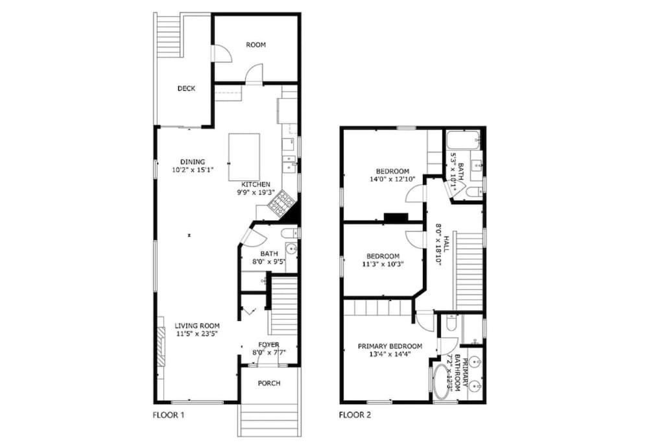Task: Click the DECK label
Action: click(x=186, y=88)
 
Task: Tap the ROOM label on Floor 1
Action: click(x=255, y=45)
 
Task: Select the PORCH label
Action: click(x=269, y=383)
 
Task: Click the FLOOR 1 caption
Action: click(x=168, y=415)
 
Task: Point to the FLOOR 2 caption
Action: click(x=355, y=415)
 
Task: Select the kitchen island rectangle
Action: click(x=244, y=157)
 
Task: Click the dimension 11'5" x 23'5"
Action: click(x=197, y=334)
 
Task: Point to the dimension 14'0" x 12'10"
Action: click(x=392, y=179)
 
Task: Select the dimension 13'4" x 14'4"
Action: click(x=390, y=354)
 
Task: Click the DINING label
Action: click(x=193, y=162)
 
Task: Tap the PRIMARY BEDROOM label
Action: click(x=390, y=346)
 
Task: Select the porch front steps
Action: click(x=269, y=420)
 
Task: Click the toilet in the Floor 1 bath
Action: click(x=290, y=233)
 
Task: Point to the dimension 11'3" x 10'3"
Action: click(x=383, y=264)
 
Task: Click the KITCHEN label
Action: click(x=255, y=185)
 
